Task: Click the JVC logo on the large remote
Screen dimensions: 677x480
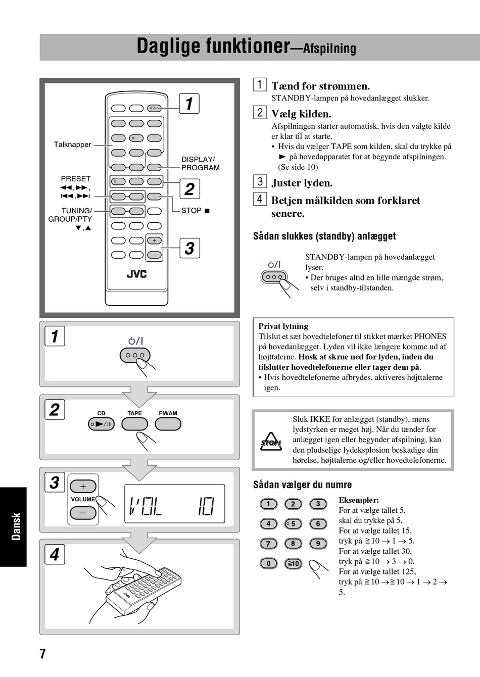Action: pos(136,274)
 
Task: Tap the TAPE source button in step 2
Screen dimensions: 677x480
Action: pos(134,424)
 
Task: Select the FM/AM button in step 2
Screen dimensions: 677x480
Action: pos(168,424)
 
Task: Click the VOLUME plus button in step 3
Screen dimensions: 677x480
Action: pos(83,487)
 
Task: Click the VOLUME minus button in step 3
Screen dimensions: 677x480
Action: pos(83,513)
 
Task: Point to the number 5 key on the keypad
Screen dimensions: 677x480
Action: pos(293,524)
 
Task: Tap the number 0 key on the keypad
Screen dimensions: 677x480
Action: pos(268,563)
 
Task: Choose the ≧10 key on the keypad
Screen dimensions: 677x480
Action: pos(293,563)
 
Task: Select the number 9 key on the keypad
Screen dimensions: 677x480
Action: pos(318,544)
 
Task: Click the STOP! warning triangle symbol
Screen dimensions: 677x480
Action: pos(271,443)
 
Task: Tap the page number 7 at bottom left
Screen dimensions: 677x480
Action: pos(43,654)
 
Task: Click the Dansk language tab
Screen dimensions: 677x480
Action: pos(16,526)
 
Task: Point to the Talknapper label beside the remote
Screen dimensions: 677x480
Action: pos(72,144)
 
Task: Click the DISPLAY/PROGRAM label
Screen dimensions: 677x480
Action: pos(200,163)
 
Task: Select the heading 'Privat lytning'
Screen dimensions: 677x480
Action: pos(283,326)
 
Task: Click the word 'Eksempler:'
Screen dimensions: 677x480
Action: pos(358,500)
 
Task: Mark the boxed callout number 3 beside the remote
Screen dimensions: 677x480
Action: pos(189,248)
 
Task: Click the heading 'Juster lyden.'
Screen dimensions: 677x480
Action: pos(302,183)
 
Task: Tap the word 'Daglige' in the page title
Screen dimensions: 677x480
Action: pos(168,46)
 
